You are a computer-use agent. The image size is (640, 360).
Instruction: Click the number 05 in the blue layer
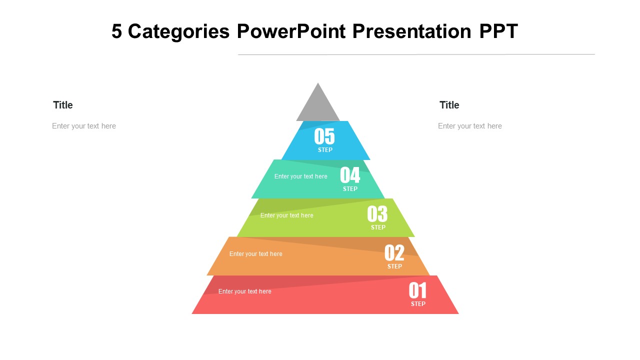pos(324,136)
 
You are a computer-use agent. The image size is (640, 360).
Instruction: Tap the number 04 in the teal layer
pos(350,175)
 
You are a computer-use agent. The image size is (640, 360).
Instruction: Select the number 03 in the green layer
pos(377,214)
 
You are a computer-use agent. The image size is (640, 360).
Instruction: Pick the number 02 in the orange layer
pos(394,253)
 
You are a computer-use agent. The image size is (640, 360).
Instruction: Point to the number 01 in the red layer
pos(417,290)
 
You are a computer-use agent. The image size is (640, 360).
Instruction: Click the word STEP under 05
pos(325,150)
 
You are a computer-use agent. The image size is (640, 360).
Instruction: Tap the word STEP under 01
pos(418,304)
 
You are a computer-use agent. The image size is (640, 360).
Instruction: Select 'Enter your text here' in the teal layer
pos(301,176)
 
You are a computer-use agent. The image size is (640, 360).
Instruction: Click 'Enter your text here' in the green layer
pos(287,215)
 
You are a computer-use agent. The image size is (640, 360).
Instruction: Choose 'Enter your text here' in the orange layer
pos(256,254)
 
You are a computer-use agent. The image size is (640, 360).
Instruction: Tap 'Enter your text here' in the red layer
pos(245,291)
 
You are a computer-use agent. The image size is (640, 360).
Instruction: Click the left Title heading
pos(63,105)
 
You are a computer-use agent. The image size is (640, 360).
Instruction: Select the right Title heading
pos(449,105)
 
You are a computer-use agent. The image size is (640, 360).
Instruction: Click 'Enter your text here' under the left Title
pos(84,126)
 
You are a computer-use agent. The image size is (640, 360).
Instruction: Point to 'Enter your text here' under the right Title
pos(470,126)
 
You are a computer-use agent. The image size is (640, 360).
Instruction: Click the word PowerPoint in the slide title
pos(291,31)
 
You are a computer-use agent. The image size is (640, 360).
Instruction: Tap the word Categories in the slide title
pos(179,31)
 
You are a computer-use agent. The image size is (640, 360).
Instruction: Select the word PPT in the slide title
pos(498,31)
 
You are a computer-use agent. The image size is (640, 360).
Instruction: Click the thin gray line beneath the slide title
pos(416,54)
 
